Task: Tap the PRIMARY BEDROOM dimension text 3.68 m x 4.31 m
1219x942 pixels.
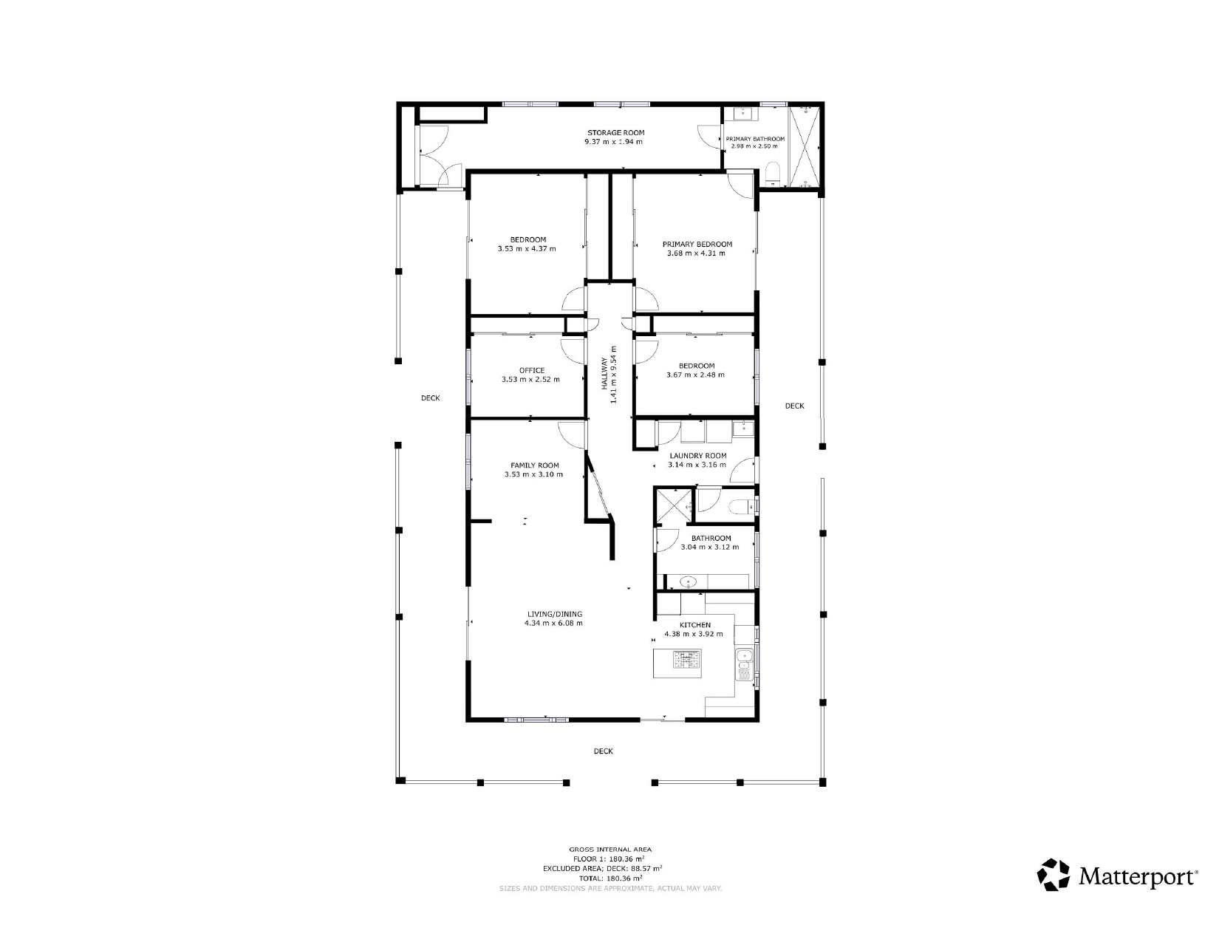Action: click(x=697, y=253)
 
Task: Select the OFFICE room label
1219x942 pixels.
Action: click(x=531, y=371)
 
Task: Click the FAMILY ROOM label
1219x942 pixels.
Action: click(x=534, y=465)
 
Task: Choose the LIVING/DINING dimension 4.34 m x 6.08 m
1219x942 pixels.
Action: click(x=553, y=624)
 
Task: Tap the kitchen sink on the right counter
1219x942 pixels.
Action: click(x=744, y=655)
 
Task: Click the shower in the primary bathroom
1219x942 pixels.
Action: click(x=804, y=146)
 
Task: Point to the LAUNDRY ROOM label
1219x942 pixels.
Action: click(x=697, y=456)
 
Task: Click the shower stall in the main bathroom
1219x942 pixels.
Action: click(x=674, y=505)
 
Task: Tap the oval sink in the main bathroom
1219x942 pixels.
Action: click(x=689, y=583)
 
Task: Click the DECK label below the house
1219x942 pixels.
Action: click(x=603, y=751)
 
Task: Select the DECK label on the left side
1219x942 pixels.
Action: click(x=430, y=398)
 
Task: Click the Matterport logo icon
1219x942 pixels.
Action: click(x=1054, y=875)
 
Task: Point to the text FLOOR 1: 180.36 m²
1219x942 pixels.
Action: click(x=609, y=859)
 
